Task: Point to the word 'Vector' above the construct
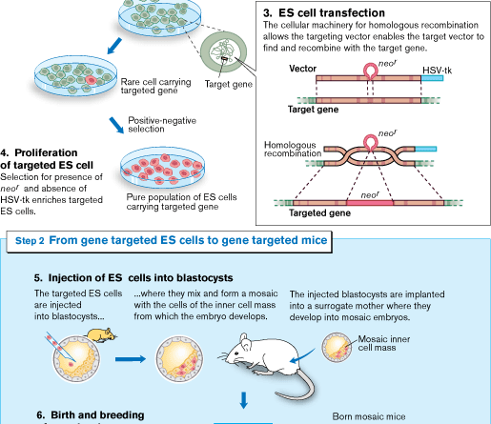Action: [x=304, y=71]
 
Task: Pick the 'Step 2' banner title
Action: [x=172, y=242]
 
